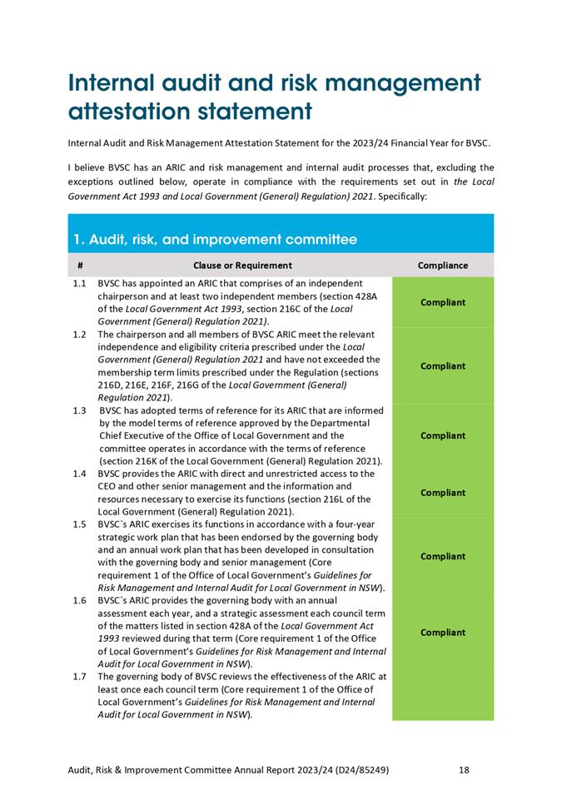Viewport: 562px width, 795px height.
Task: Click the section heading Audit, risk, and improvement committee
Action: point(215,240)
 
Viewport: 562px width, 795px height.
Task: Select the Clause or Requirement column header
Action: point(242,266)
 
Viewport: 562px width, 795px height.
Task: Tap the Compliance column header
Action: point(442,266)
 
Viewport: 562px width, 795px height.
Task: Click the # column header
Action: point(79,266)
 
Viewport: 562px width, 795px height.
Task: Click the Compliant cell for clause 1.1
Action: point(442,302)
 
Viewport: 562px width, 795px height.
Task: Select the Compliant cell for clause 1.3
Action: point(442,435)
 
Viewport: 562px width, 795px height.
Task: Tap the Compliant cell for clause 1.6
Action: point(442,633)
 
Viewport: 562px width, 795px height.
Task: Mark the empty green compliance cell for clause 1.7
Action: point(442,695)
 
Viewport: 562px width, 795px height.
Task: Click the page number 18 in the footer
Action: point(465,770)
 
